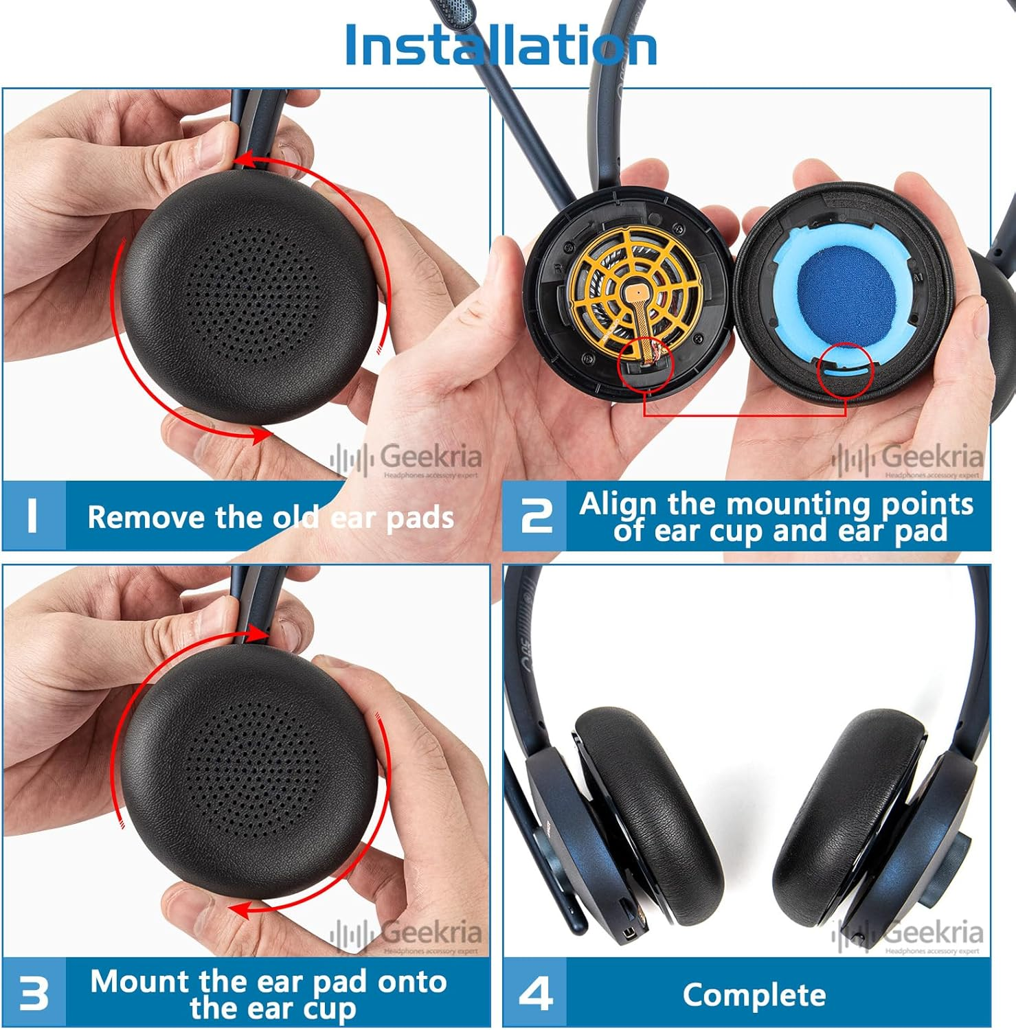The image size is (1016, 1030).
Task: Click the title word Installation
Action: click(x=500, y=45)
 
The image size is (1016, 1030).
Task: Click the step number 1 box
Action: click(x=33, y=516)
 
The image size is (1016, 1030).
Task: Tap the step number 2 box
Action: click(x=535, y=516)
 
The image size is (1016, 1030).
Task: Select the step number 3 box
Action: click(x=33, y=993)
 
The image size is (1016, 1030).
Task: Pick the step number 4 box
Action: click(x=535, y=993)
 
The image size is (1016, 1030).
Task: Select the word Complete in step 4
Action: click(x=754, y=995)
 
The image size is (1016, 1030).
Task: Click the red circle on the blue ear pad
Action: click(x=845, y=371)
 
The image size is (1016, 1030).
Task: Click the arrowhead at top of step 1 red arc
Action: click(x=241, y=162)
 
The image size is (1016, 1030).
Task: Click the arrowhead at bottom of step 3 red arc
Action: click(x=239, y=911)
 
